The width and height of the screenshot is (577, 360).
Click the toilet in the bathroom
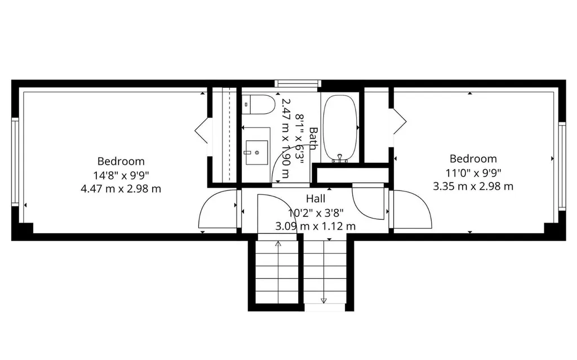tap(258, 104)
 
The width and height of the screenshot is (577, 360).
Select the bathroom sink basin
tap(257, 152)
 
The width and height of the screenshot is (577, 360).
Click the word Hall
tap(316, 199)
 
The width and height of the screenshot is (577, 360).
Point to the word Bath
tap(313, 139)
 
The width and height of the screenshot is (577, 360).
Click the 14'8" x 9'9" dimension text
tap(121, 175)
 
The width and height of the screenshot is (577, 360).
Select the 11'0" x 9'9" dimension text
tap(473, 172)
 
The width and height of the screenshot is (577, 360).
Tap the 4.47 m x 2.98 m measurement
tap(121, 189)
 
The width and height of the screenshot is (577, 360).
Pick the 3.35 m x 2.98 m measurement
tap(473, 186)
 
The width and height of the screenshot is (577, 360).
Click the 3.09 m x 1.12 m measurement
tap(316, 226)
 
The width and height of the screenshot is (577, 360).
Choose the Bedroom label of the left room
tap(121, 161)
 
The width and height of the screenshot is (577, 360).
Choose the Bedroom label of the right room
tap(473, 159)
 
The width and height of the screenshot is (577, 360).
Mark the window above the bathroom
tap(298, 83)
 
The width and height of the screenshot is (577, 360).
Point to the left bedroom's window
tap(15, 162)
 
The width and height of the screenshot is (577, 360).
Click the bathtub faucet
tap(340, 158)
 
